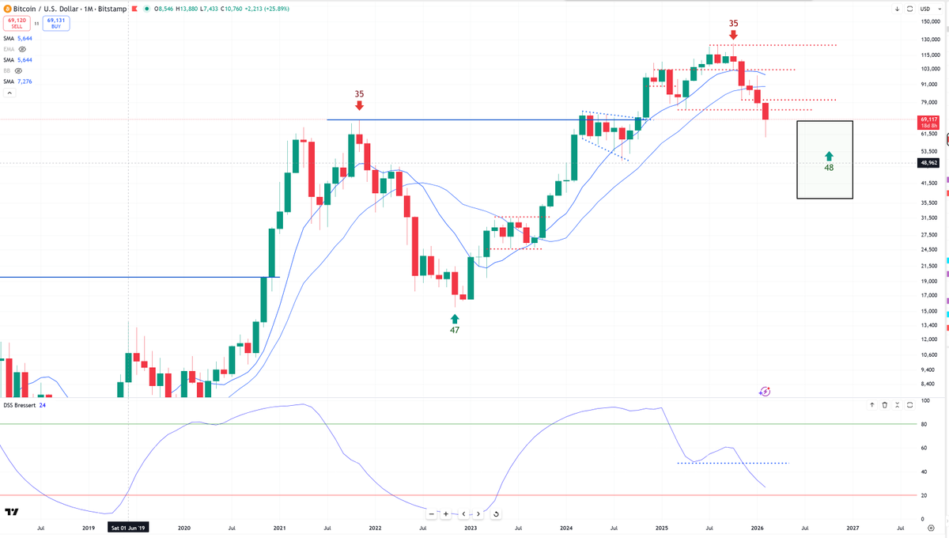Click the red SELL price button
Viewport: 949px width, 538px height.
point(16,24)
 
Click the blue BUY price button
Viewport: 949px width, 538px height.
point(56,24)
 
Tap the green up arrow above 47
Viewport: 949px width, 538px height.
point(455,318)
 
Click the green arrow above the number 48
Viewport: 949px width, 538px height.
point(829,156)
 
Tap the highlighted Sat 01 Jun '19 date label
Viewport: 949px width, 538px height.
point(129,527)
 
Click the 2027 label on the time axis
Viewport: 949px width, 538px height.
point(853,527)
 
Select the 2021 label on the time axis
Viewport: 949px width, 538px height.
point(279,527)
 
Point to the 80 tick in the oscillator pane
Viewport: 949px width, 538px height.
point(923,425)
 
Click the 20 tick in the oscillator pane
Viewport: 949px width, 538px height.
point(923,495)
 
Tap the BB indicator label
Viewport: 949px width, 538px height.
point(8,70)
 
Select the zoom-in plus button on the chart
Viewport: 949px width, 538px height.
point(446,514)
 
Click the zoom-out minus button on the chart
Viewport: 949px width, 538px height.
point(431,514)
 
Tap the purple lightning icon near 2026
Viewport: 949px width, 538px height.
point(765,391)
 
